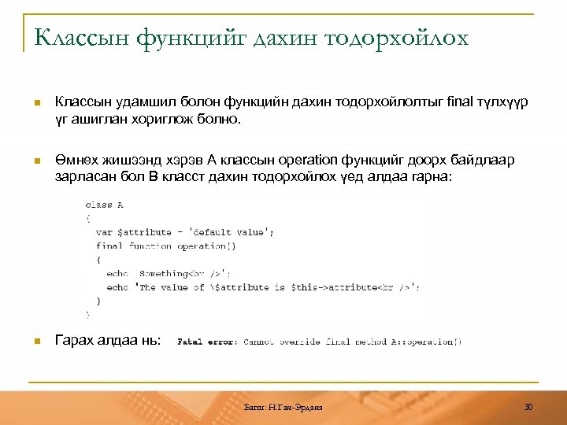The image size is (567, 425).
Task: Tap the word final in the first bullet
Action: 460,102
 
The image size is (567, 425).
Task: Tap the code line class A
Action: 104,205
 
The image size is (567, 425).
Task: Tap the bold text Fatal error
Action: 207,342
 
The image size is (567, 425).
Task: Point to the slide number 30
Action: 528,406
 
